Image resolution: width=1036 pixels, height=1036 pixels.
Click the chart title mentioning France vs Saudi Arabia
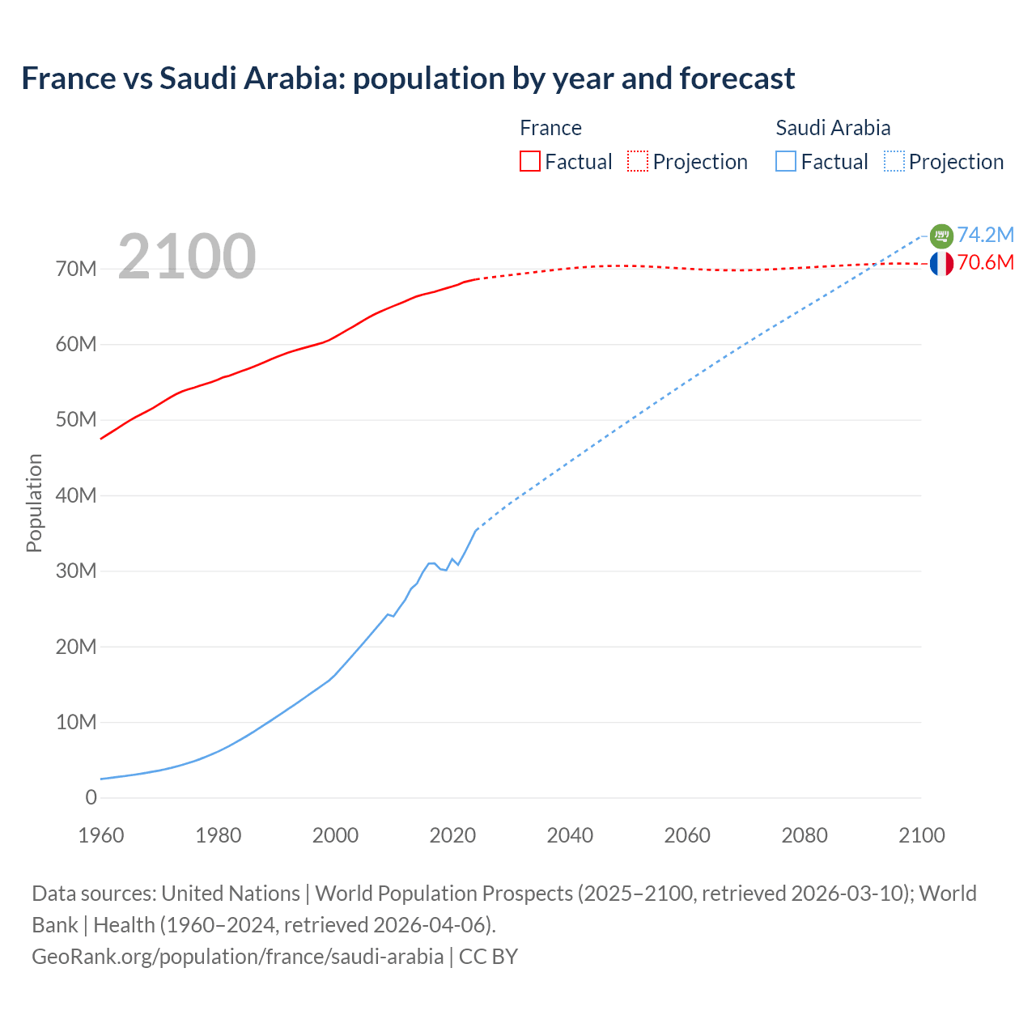[408, 79]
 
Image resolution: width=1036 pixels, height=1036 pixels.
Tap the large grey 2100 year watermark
[187, 257]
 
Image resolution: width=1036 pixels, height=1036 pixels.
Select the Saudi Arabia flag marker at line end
[941, 236]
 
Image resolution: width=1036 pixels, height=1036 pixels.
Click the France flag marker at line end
[941, 263]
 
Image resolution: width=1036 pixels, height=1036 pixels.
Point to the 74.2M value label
[986, 235]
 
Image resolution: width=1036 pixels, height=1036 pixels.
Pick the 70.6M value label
[986, 262]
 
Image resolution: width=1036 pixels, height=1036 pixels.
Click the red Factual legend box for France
[529, 161]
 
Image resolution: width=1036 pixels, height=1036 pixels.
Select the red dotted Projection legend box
[638, 161]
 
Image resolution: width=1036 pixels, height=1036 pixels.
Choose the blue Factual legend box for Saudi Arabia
[786, 161]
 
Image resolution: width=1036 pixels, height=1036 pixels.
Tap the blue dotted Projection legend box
[894, 161]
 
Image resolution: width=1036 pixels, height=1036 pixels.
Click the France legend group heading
[550, 128]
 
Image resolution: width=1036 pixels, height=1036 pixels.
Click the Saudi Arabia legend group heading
[833, 128]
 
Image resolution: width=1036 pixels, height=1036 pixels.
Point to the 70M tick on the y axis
[76, 269]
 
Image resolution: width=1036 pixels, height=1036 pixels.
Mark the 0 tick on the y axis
[91, 797]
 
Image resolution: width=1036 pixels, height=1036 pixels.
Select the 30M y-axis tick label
[76, 571]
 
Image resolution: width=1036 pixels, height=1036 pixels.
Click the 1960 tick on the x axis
[101, 835]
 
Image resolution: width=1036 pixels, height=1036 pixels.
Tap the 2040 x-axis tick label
[570, 835]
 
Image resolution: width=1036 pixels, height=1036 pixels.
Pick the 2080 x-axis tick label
[805, 835]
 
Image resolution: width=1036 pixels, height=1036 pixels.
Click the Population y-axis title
[34, 503]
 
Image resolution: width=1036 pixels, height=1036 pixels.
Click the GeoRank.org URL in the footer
[237, 956]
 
